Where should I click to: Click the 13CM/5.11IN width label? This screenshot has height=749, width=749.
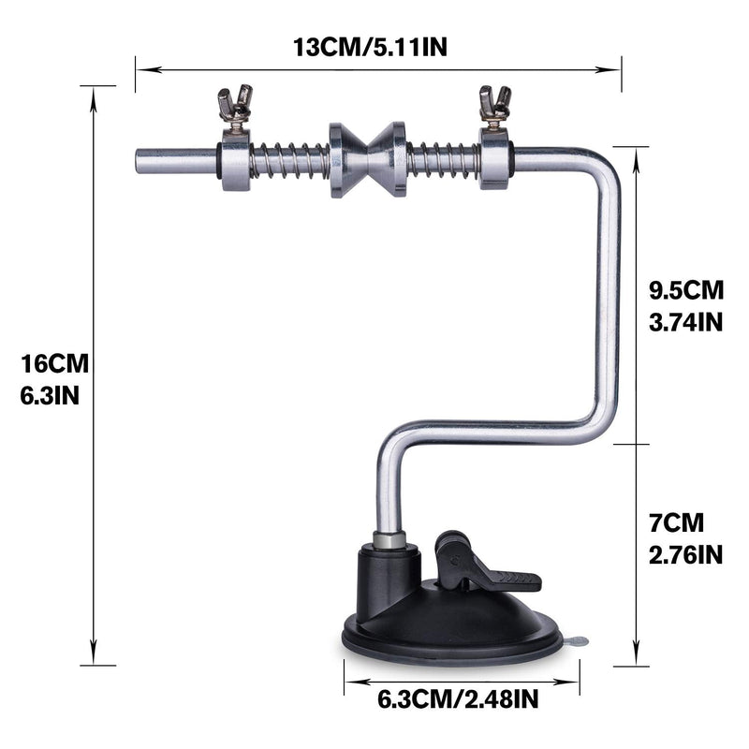[x=370, y=48]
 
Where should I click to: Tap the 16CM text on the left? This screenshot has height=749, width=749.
[x=54, y=363]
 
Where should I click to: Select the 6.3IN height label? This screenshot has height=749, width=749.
[x=50, y=396]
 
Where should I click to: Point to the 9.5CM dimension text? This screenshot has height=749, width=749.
[x=686, y=290]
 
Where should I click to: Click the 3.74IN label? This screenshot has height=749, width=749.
[x=685, y=322]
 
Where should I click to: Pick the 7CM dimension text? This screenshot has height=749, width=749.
[x=676, y=522]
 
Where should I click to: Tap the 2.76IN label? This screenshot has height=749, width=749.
[x=685, y=555]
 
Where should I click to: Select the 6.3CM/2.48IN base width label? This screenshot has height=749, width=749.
[x=458, y=699]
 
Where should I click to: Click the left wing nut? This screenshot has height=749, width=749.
[x=235, y=106]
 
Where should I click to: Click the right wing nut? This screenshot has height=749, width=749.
[x=495, y=106]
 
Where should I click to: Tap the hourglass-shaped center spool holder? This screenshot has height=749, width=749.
[x=367, y=159]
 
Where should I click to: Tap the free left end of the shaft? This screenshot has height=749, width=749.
[x=137, y=161]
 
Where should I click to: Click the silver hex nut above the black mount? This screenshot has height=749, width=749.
[x=389, y=540]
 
